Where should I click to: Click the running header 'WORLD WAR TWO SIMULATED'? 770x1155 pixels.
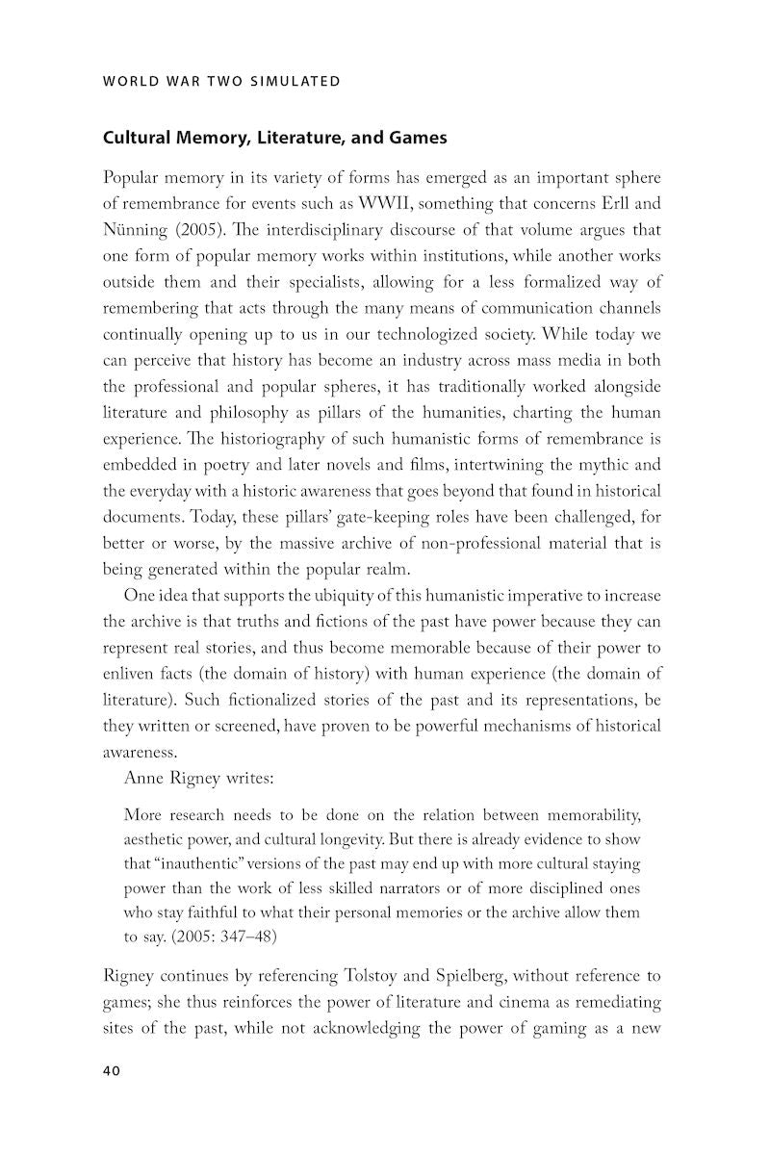click(221, 81)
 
